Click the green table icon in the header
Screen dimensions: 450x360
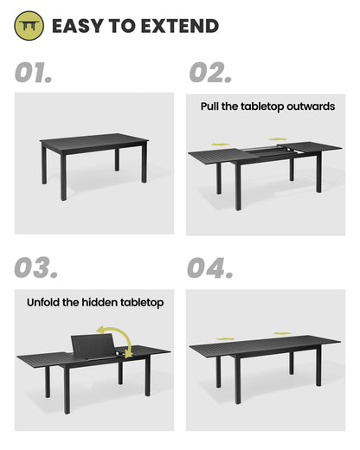[x=29, y=27]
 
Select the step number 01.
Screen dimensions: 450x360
[x=33, y=73]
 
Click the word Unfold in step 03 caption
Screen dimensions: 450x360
[x=47, y=303]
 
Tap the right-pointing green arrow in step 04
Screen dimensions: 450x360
[x=283, y=333]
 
